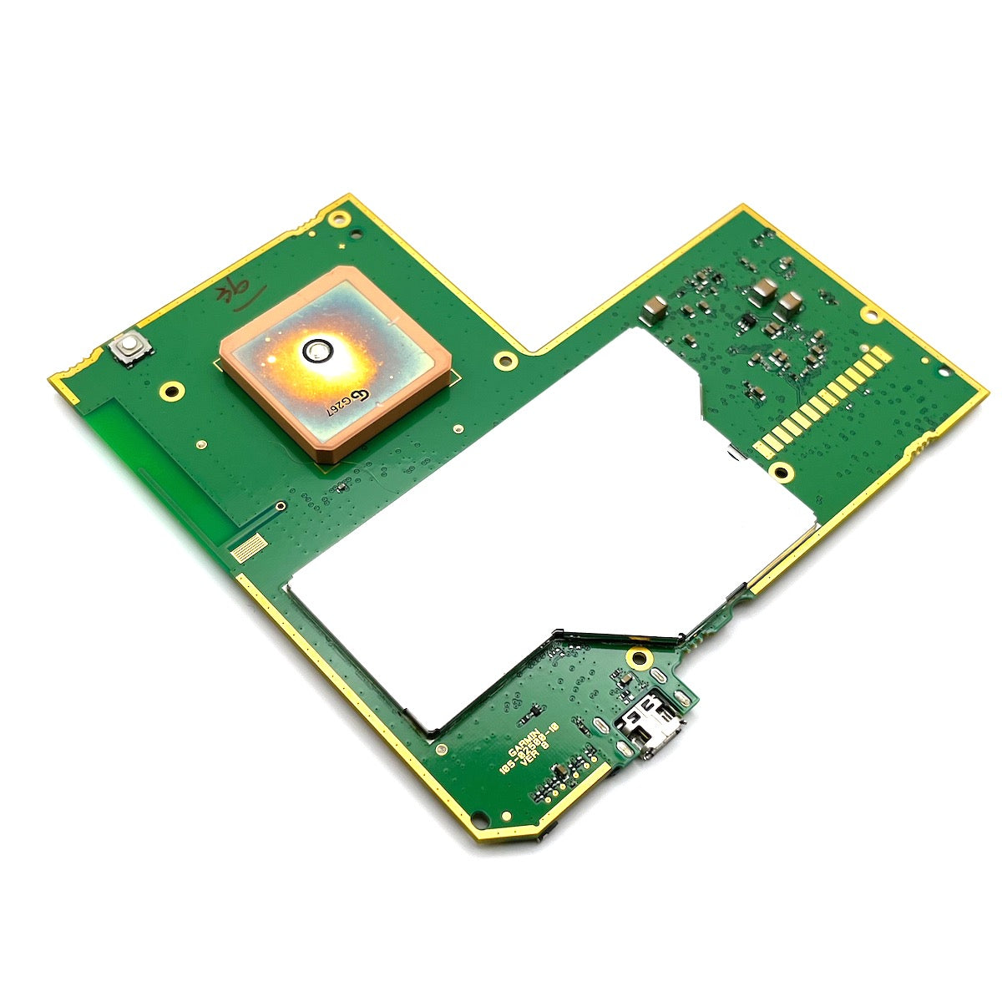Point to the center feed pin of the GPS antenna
[317, 352]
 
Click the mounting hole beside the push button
[173, 389]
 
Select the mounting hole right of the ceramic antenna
[504, 361]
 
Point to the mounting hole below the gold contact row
[782, 473]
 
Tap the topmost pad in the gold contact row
[873, 356]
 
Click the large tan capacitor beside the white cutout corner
[654, 311]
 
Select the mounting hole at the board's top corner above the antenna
[338, 220]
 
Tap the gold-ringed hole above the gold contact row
[870, 315]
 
